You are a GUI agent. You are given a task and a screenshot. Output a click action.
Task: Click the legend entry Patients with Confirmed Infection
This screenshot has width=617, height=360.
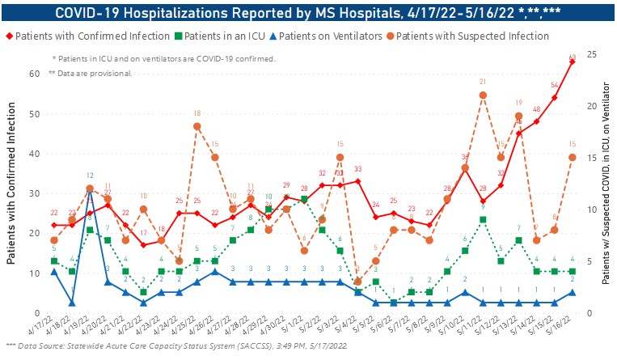[87, 36]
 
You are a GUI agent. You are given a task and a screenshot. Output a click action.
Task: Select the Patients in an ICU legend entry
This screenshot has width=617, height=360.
[230, 36]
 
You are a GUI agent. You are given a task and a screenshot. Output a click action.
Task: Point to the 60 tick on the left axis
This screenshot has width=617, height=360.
[35, 74]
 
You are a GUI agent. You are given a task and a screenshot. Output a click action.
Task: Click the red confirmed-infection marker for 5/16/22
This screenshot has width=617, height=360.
[572, 61]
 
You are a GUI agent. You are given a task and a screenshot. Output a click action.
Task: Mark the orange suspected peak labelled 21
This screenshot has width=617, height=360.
[483, 95]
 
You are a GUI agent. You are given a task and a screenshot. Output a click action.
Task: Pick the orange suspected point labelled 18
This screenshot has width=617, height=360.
[197, 126]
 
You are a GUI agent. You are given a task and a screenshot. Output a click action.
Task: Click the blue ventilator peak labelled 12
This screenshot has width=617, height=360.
[90, 188]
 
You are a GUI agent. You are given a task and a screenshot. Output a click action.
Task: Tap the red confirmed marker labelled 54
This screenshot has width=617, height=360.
[554, 98]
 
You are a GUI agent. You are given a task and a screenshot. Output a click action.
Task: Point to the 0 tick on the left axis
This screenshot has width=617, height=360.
[37, 313]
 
